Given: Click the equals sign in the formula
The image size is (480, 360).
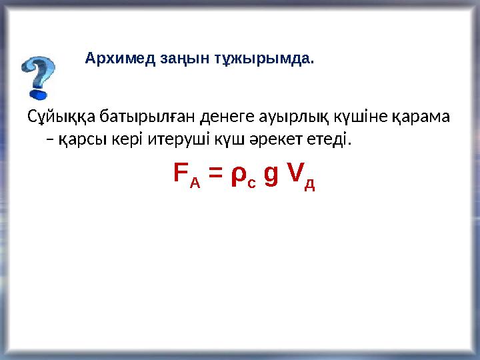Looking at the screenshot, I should click(x=215, y=175).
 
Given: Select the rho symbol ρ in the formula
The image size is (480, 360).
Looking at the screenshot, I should click(x=238, y=176).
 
